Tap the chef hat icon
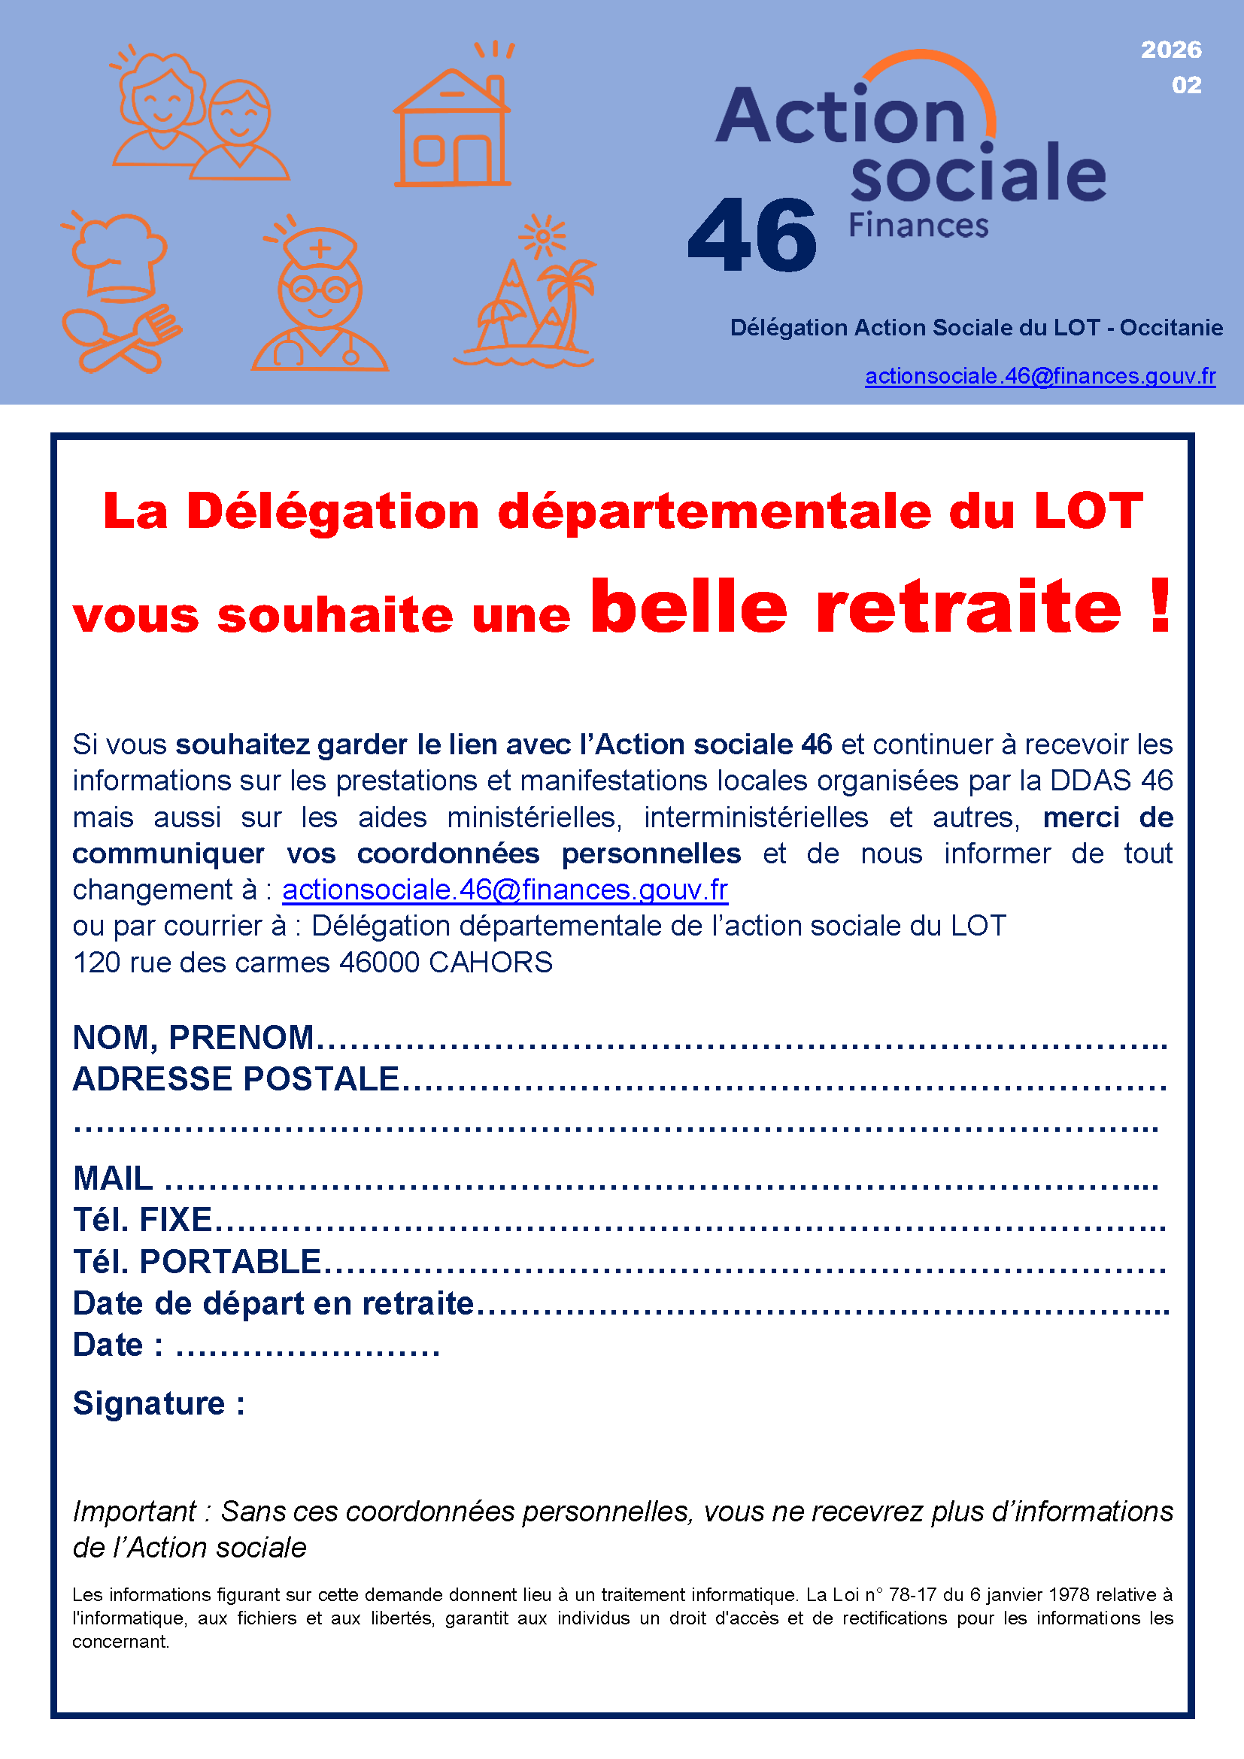(x=120, y=256)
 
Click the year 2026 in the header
(x=1170, y=50)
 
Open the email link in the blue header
(x=1039, y=376)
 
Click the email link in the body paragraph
(x=505, y=890)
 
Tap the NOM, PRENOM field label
(x=193, y=1037)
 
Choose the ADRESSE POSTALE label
(x=236, y=1078)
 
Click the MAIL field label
(x=113, y=1178)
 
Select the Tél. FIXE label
(x=141, y=1220)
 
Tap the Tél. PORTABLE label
(x=197, y=1262)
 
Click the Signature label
(x=159, y=1403)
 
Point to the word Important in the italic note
(x=135, y=1512)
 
